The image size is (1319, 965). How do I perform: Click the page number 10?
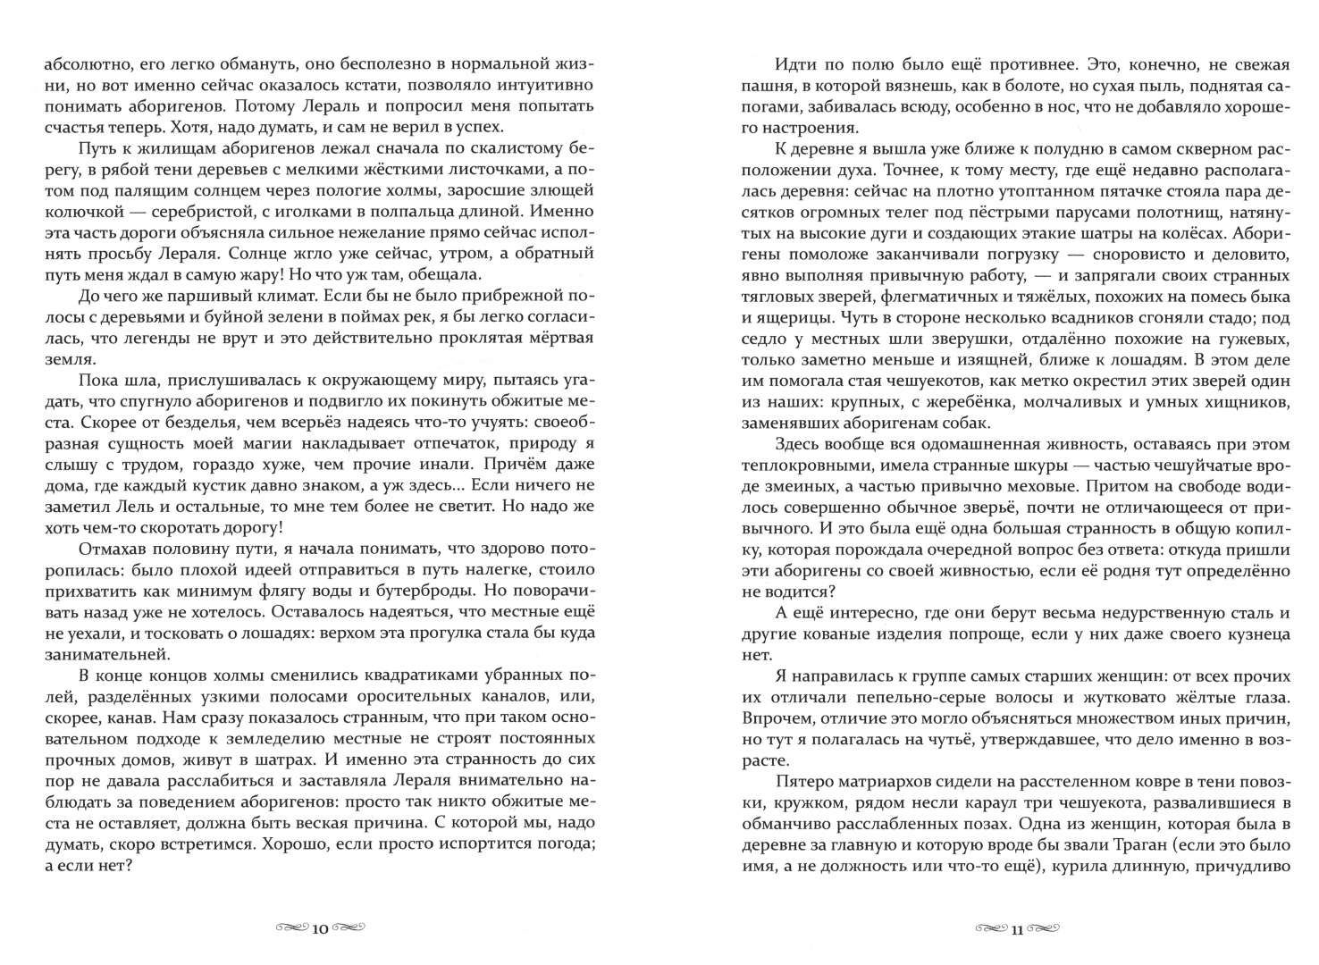[x=320, y=929]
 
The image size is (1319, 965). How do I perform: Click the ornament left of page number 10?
[x=290, y=928]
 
